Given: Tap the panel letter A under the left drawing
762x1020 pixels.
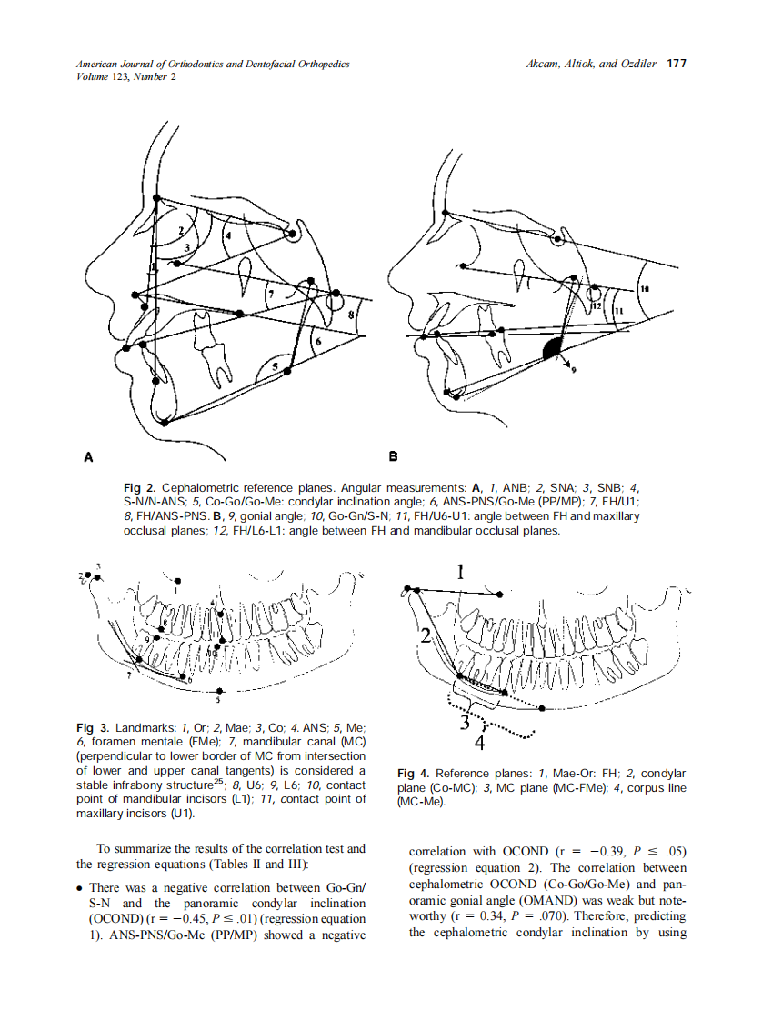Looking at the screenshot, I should (88, 456).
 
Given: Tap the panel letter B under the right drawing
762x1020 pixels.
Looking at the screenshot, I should (394, 456).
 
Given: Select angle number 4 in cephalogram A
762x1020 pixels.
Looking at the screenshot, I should (228, 235).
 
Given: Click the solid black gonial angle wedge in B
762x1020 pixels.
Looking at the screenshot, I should (552, 349).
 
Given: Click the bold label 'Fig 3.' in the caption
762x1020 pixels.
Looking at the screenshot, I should (93, 728).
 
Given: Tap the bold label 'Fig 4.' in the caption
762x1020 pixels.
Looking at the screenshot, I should (416, 774).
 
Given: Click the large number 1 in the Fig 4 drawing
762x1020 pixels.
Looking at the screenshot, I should (461, 572).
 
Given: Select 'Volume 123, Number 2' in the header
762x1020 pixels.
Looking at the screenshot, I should (126, 76).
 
